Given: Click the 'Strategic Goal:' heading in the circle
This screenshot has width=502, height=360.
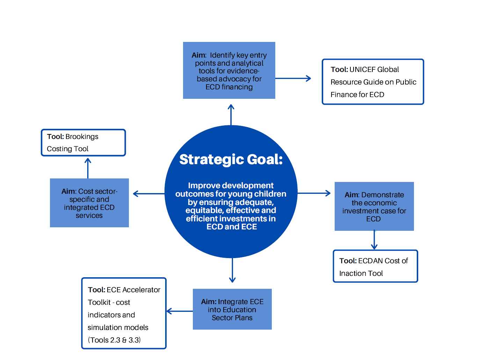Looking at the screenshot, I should pyautogui.click(x=231, y=160).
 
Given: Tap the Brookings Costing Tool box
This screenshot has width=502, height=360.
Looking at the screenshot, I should pyautogui.click(x=83, y=142).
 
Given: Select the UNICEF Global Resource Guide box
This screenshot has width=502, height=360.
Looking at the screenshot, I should pyautogui.click(x=373, y=82).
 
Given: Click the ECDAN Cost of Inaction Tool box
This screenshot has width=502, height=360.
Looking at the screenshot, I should pyautogui.click(x=375, y=266).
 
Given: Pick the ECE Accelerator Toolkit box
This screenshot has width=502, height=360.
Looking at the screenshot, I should pyautogui.click(x=124, y=313).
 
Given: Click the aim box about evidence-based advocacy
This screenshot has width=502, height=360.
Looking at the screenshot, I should pyautogui.click(x=229, y=71).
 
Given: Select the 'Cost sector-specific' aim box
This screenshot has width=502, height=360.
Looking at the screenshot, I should pyautogui.click(x=89, y=203).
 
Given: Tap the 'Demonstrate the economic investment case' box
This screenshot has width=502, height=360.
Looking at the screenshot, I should pyautogui.click(x=374, y=206).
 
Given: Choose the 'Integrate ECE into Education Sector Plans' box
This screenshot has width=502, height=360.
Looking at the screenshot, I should pyautogui.click(x=232, y=309).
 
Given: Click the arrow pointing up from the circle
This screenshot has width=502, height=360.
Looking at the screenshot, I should pyautogui.click(x=231, y=115).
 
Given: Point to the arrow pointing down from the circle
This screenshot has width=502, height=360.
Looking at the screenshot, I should pyautogui.click(x=232, y=270).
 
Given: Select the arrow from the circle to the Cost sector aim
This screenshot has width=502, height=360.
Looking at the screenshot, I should pyautogui.click(x=148, y=194).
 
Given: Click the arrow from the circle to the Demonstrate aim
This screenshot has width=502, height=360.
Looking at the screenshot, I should pyautogui.click(x=314, y=193).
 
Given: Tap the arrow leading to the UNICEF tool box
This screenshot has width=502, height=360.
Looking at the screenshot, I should pyautogui.click(x=293, y=79).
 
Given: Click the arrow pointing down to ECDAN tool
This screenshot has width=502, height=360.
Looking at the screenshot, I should pyautogui.click(x=374, y=240).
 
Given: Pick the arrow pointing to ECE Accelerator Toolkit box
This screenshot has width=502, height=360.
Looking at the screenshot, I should pyautogui.click(x=180, y=311).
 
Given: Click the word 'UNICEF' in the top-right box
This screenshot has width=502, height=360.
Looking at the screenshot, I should pyautogui.click(x=362, y=69).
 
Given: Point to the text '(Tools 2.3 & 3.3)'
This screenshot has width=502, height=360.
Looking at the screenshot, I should pyautogui.click(x=114, y=340).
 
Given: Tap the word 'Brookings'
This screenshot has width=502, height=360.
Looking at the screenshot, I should pyautogui.click(x=82, y=137).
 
